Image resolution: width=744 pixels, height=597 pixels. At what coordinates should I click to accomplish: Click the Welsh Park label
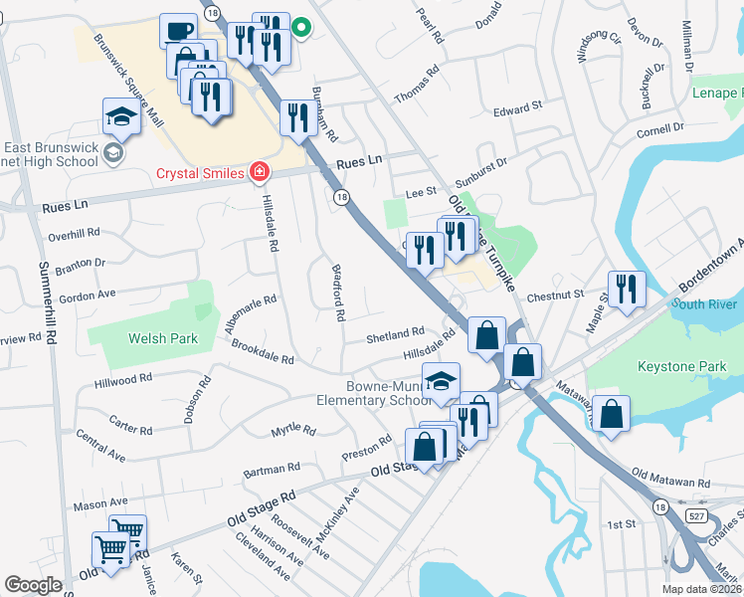(163, 338)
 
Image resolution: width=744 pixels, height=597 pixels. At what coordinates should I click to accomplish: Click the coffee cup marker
(178, 31)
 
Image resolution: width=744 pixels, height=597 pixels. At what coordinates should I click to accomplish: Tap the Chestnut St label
(555, 295)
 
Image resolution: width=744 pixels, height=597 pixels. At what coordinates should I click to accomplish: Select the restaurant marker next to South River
(627, 288)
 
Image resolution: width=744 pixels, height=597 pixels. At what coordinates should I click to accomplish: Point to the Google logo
(33, 585)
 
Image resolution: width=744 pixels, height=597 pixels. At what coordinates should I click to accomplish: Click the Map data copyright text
(701, 589)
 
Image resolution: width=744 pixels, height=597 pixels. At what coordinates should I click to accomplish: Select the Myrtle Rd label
(293, 431)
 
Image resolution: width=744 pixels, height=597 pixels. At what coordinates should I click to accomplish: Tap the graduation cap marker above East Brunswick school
(121, 115)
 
